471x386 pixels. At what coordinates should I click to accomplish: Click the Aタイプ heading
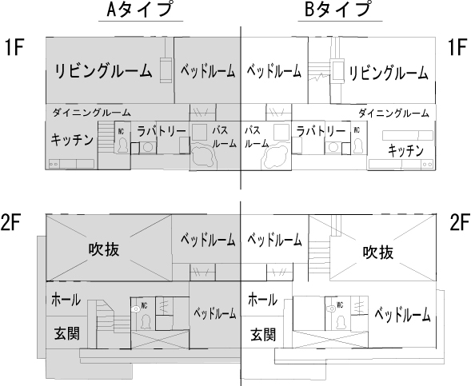click(x=140, y=10)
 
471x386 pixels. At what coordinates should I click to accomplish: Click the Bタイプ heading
click(x=337, y=10)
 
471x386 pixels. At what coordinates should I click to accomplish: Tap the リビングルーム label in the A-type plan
click(x=103, y=71)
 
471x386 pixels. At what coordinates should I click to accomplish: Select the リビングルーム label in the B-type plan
click(x=389, y=74)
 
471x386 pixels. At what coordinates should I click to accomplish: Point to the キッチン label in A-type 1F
click(x=72, y=140)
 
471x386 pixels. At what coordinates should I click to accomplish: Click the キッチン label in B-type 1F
click(x=405, y=150)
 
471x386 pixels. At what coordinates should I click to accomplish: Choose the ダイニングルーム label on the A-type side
click(x=92, y=113)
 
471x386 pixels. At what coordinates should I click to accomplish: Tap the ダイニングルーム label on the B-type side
click(x=393, y=113)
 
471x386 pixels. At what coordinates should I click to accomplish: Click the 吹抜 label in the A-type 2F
click(x=104, y=249)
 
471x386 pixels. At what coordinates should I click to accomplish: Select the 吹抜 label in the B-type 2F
click(x=378, y=253)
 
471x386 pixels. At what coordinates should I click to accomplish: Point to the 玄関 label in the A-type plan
click(x=67, y=333)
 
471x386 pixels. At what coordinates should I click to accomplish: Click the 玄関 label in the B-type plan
click(x=263, y=335)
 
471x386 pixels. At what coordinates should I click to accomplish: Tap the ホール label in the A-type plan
click(x=66, y=300)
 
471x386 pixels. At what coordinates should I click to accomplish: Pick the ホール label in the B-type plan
click(x=262, y=300)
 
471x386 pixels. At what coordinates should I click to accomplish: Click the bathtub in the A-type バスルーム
click(x=203, y=156)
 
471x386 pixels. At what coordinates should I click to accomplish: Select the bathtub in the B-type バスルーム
click(x=276, y=156)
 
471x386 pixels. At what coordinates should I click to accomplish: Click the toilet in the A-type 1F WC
click(x=122, y=145)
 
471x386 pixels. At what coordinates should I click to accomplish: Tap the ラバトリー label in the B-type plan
click(x=321, y=131)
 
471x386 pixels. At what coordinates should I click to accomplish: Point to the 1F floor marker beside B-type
click(x=457, y=47)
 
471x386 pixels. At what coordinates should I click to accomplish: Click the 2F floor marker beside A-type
click(x=10, y=222)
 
